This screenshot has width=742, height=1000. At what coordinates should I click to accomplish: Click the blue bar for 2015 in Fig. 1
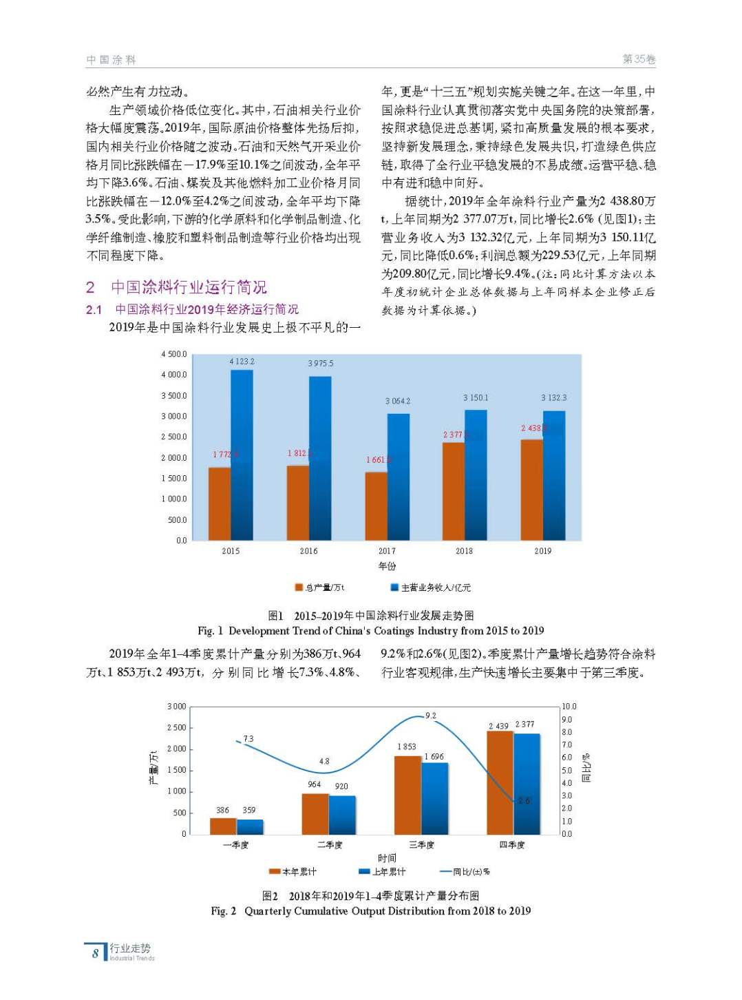pos(242,455)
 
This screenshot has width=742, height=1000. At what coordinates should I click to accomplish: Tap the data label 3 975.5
pos(320,363)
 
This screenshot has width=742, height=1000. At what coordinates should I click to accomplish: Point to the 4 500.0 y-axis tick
pos(174,354)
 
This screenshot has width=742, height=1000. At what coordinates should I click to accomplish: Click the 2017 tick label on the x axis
pos(387,551)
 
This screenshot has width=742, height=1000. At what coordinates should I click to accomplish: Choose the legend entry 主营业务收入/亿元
pos(431,587)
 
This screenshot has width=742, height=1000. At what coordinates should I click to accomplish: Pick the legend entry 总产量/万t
pos(320,587)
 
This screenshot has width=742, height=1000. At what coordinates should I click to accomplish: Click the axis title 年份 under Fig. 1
pos(387,566)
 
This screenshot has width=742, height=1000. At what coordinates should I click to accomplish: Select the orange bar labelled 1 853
pos(407,795)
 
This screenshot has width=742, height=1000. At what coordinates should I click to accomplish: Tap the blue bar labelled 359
pos(250,826)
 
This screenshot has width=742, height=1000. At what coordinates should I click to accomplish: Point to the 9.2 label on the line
pos(431,716)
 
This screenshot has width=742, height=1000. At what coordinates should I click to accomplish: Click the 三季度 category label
pos(421,845)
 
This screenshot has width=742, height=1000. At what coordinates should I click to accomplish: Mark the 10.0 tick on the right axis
pos(569,707)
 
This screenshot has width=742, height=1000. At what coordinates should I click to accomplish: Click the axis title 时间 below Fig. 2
pos(387,858)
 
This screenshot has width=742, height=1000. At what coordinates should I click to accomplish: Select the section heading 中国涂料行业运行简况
pos(189,287)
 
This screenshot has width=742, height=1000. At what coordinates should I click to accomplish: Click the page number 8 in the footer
pos(95,953)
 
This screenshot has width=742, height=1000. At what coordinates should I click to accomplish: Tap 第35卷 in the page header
pos(639,59)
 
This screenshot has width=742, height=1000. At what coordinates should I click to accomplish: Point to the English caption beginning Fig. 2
pos(370,911)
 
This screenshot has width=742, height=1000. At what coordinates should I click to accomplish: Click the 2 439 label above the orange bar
pos(498,726)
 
